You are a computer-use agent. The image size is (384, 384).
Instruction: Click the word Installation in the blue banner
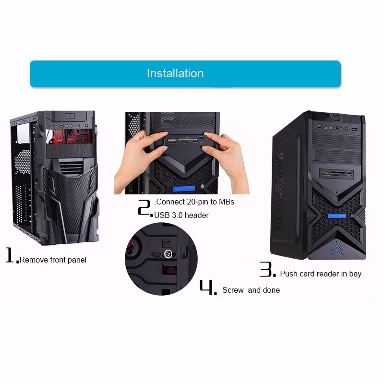pos(175,73)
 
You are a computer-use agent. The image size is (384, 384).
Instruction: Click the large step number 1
pos(10,255)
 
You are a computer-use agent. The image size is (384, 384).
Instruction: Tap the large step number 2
pos(144,207)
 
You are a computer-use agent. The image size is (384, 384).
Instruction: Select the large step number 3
pos(266,269)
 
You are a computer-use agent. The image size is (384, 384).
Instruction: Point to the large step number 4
pos(206,287)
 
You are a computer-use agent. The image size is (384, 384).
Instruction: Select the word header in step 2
pos(197,215)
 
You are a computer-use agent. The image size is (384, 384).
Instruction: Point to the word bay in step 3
pos(355,274)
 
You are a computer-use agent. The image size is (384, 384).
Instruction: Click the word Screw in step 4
pos(233,290)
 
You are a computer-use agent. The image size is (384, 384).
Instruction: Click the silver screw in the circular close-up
pos(168,254)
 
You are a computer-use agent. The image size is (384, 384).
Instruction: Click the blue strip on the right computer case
pos(337,216)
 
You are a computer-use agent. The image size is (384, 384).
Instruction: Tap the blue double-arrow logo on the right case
pos(337,250)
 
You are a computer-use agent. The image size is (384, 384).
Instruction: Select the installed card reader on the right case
pos(336,174)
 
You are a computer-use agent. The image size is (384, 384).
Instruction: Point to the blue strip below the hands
pos(184,189)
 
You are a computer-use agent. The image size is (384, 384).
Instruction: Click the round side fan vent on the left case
pos(22,162)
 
